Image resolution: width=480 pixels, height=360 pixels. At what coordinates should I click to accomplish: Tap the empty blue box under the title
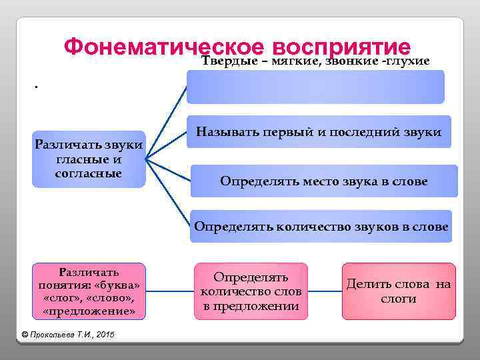pos(315,87)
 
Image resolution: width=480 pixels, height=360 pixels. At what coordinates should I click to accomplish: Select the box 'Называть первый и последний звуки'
pos(319,132)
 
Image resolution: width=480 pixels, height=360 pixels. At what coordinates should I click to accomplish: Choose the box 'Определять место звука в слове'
pos(324,181)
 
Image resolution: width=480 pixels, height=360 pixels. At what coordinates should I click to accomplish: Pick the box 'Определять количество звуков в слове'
pos(321,226)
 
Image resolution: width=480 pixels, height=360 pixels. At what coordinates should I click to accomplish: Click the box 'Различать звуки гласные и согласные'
pos(89,159)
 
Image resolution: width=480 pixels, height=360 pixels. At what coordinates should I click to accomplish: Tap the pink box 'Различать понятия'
pos(89,291)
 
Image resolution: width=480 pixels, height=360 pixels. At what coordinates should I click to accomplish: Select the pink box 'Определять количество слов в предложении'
pos(251,291)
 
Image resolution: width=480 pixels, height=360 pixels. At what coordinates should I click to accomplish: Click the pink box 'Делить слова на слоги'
pos(398,291)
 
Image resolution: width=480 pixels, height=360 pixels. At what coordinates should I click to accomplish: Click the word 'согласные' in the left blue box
pos(89,173)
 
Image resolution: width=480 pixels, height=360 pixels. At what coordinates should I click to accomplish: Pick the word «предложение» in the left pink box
pos(89,311)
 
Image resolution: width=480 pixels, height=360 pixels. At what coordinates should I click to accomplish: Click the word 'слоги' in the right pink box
pos(398,299)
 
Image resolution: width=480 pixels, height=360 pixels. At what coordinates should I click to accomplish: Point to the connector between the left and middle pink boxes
pos(170,291)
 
